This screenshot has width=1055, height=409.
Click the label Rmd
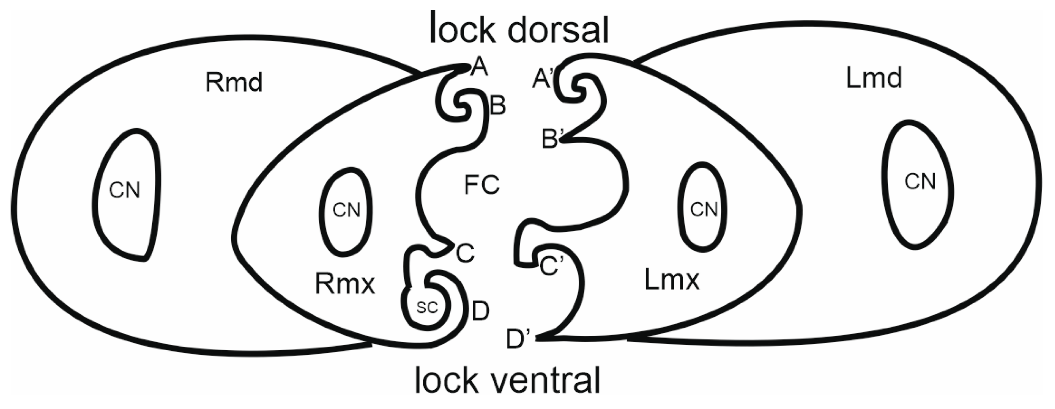coord(233,82)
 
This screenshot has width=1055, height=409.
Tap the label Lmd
coord(874,78)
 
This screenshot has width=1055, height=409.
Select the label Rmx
coord(345,284)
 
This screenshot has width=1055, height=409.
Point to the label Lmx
coord(672,280)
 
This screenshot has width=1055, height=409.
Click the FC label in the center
coord(482,185)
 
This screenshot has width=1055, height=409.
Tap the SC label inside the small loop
coord(427,308)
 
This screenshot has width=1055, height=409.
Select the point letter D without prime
coord(481,311)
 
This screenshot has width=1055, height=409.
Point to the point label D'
coord(518,339)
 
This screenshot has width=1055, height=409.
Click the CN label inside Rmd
coord(125,191)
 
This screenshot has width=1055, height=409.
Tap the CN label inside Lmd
coord(920,182)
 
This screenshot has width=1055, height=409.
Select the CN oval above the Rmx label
coord(346,210)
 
